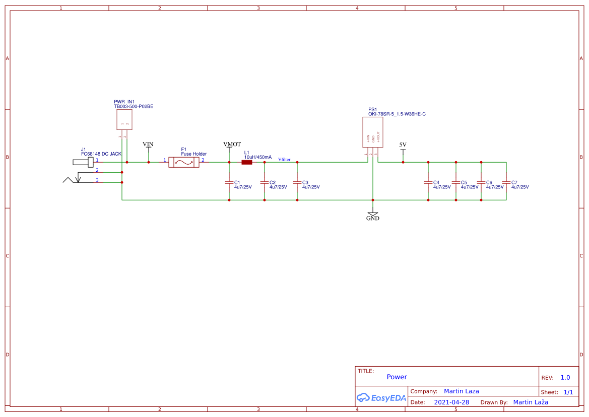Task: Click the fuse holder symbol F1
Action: tap(183, 162)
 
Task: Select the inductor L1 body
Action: tap(247, 162)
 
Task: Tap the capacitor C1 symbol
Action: tap(229, 182)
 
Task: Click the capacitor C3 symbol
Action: tap(297, 182)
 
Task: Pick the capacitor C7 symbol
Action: tap(506, 182)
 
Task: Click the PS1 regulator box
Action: tap(373, 132)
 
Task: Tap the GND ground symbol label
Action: tap(373, 219)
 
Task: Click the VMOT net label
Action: tap(232, 145)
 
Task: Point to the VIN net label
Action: tap(148, 145)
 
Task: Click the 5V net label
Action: tap(403, 145)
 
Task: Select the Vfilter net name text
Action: tap(284, 160)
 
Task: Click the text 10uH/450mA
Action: tap(257, 157)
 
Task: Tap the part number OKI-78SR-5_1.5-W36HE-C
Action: tap(397, 114)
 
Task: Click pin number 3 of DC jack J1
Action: tap(97, 180)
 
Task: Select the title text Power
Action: tap(397, 377)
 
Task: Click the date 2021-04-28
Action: tap(451, 402)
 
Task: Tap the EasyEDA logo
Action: tap(381, 397)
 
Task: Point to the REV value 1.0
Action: tap(565, 377)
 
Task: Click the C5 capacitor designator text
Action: tap(464, 182)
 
